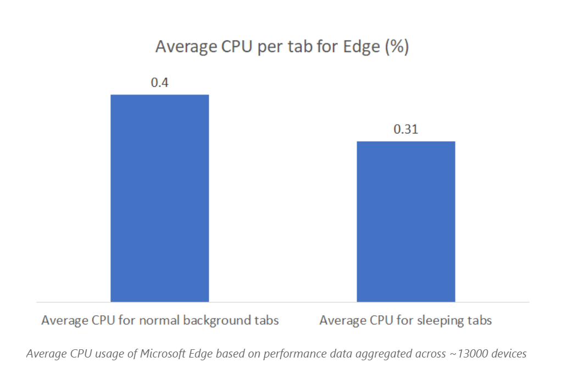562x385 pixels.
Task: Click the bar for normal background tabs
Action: point(159,198)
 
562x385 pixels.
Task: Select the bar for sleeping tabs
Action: point(405,221)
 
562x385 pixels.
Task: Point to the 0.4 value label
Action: point(159,83)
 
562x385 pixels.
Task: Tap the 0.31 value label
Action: point(405,130)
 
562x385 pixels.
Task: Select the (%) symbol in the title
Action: point(396,47)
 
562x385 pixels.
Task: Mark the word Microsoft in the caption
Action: point(164,354)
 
